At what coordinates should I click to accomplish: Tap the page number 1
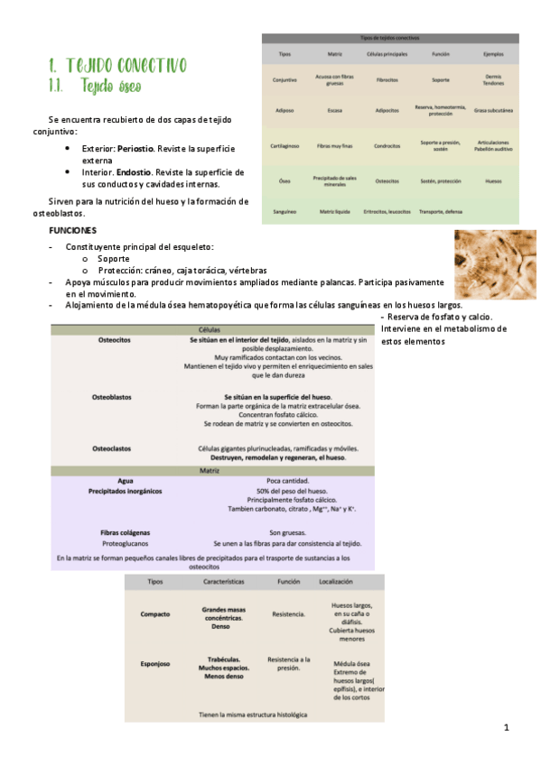[507, 727]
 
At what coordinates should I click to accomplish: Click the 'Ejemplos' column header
[492, 54]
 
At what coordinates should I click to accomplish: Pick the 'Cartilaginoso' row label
[285, 144]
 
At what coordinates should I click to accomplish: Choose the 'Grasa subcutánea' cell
[492, 110]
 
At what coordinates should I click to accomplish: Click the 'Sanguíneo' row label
[285, 211]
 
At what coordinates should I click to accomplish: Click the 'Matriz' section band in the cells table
[212, 471]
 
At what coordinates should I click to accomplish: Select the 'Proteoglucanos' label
[126, 544]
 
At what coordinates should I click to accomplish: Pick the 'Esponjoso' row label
[155, 663]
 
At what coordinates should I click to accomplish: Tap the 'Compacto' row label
[155, 614]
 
